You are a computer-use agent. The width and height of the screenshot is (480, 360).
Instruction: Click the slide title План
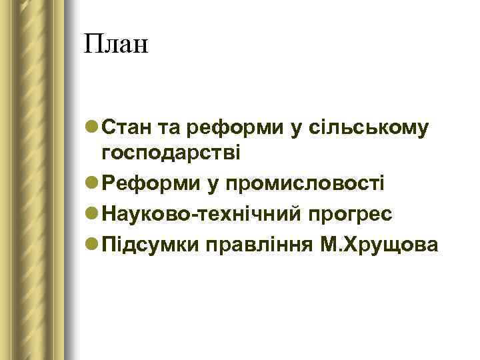117,45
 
